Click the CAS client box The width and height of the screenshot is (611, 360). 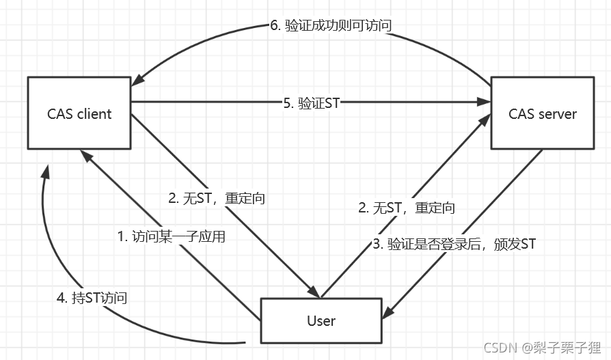[x=79, y=113]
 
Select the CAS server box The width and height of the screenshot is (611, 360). [x=543, y=113]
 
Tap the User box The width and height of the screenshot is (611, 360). [x=321, y=320]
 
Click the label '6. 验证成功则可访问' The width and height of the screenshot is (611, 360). [x=331, y=26]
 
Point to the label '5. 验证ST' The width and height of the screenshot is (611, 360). [x=311, y=103]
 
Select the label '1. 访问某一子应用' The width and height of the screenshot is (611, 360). [x=171, y=237]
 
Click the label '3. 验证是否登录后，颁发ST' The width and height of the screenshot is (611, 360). [x=452, y=243]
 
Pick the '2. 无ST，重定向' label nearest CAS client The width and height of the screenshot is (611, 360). [x=216, y=199]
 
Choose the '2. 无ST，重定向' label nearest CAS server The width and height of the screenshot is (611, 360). [x=407, y=208]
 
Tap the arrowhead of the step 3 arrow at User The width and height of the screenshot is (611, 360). [x=388, y=313]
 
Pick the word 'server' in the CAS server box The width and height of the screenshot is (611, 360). [x=558, y=113]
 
